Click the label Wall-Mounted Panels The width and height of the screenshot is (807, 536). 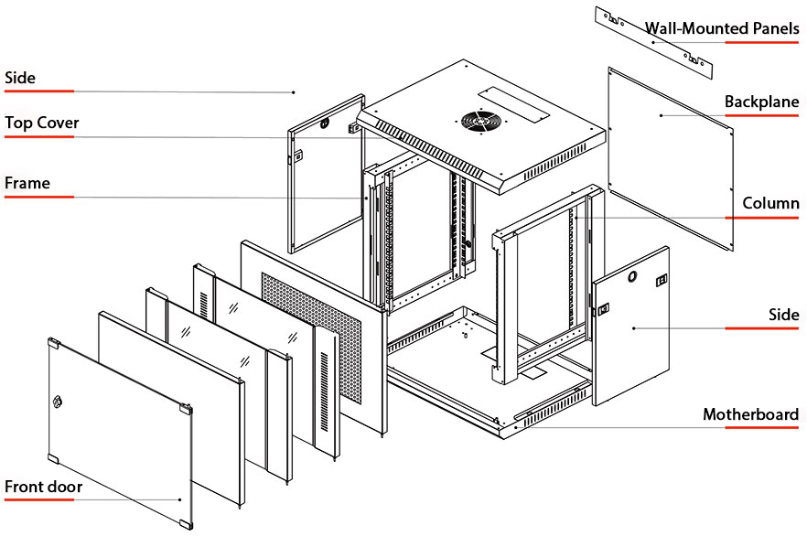[x=722, y=28]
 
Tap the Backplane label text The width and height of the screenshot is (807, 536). [x=761, y=102]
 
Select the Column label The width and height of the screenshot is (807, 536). [x=770, y=203]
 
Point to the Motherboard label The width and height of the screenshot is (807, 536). [x=750, y=414]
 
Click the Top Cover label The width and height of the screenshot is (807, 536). [x=42, y=123]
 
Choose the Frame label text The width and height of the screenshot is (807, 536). [x=27, y=183]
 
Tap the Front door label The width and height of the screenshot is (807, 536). [x=43, y=487]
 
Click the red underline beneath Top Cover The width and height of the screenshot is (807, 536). [x=38, y=137]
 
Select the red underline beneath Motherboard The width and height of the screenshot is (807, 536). [x=750, y=429]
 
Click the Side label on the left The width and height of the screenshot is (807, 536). [x=20, y=78]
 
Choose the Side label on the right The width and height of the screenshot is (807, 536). [x=783, y=315]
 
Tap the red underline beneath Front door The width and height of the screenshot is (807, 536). [x=38, y=501]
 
